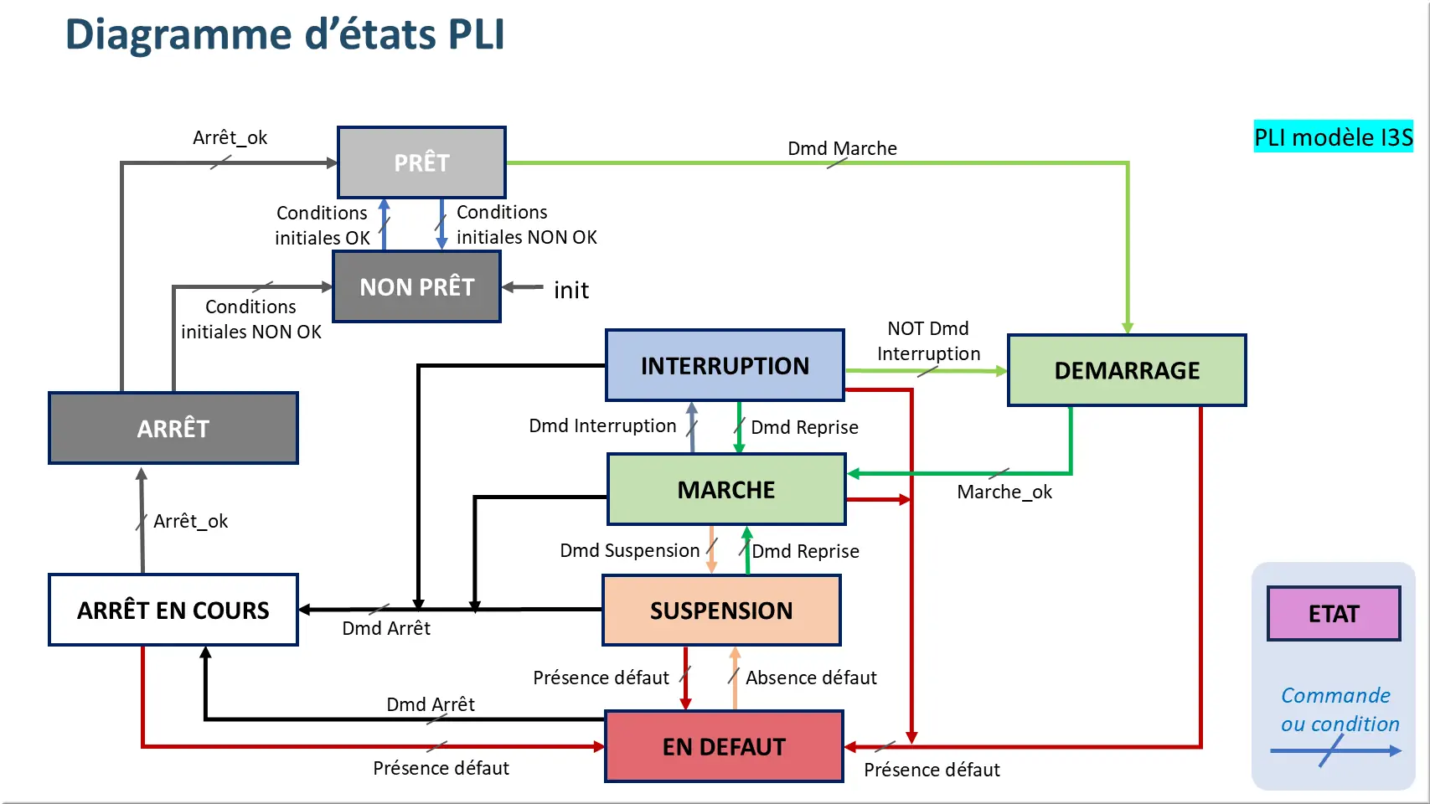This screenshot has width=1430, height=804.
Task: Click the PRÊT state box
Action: [x=421, y=162]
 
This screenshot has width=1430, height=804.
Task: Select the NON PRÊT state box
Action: [x=417, y=287]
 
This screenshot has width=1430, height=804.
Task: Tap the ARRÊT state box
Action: [x=173, y=429]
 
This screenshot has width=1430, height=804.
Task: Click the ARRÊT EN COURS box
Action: [x=173, y=611]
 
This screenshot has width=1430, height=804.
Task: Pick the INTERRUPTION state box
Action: [x=725, y=366]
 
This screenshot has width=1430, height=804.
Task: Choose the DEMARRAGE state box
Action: [x=1127, y=370]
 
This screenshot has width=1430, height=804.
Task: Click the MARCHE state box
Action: [x=726, y=490]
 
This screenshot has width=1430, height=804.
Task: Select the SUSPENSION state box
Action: [x=721, y=611]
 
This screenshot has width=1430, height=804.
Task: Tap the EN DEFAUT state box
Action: [x=724, y=747]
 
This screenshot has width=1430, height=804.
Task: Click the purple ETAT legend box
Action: [x=1334, y=614]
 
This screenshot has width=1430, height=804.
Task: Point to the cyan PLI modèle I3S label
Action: [x=1333, y=137]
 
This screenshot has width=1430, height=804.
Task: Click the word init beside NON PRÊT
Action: [x=571, y=290]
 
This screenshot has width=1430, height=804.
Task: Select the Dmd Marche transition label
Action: [x=842, y=148]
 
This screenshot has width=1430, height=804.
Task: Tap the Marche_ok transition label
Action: [x=1004, y=492]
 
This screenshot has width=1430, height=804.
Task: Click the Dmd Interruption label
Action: [x=602, y=425]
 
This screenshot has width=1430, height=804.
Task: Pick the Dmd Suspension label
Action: [x=629, y=550]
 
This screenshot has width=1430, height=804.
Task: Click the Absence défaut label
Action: [x=811, y=678]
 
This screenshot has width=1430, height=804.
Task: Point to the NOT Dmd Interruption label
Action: [x=928, y=341]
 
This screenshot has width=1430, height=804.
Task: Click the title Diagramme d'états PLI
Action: [x=285, y=35]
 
